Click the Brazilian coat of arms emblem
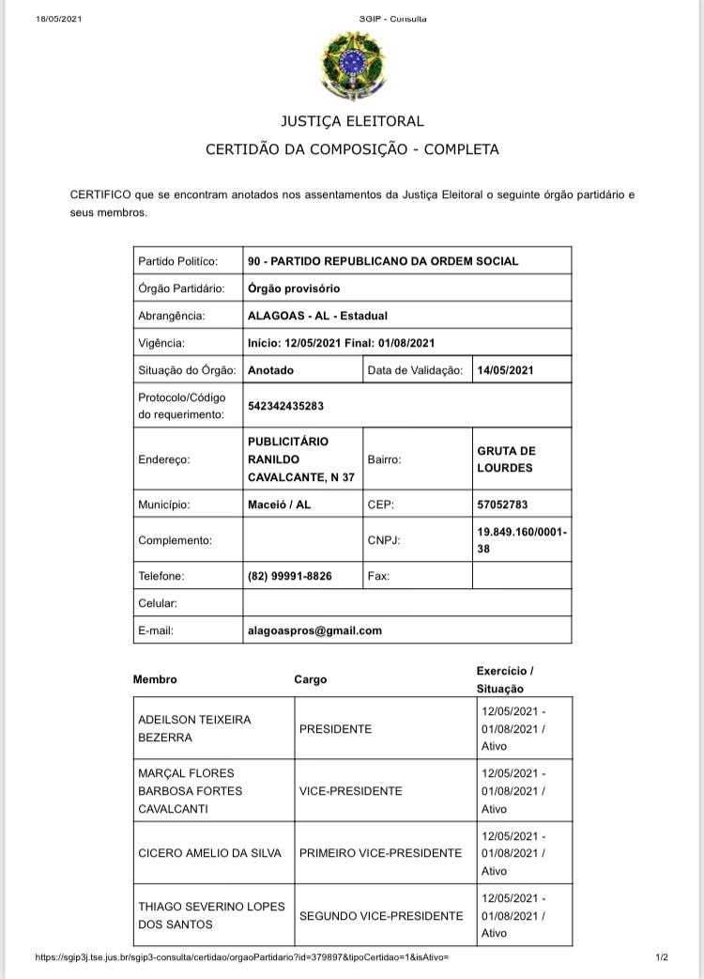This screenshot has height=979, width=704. point(353,63)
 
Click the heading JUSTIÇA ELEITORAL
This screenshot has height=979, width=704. point(352,121)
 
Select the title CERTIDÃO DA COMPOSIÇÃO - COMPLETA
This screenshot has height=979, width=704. point(352,149)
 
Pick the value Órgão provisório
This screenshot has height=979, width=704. point(294,288)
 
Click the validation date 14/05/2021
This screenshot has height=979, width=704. point(505,370)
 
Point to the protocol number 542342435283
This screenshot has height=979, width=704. point(286,406)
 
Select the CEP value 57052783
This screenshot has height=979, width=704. point(502,505)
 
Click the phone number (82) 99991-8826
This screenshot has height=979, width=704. point(290,576)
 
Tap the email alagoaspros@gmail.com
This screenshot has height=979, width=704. point(314,630)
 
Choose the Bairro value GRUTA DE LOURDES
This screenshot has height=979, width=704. point(506,459)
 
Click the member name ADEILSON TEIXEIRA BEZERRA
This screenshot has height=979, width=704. point(194,728)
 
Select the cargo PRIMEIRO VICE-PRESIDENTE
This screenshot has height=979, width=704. point(380,853)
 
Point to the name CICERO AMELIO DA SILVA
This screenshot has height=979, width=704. point(208,853)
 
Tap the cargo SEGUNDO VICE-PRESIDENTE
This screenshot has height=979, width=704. point(381,915)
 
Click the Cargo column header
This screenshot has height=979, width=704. point(311,679)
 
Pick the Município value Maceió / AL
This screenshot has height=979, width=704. point(279,505)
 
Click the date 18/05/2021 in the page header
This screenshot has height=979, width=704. point(58,19)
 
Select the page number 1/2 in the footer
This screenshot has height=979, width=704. point(662,957)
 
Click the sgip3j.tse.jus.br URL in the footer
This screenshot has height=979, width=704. point(242,957)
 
